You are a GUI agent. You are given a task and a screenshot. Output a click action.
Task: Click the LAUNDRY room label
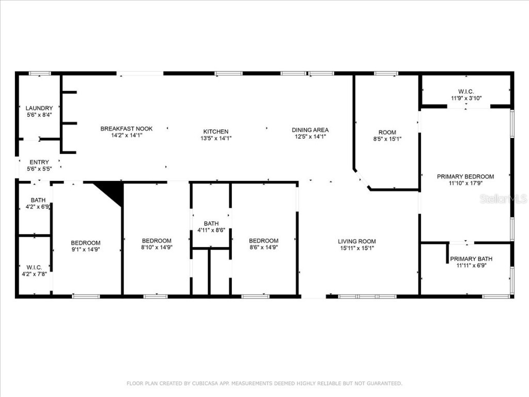(x=39, y=108)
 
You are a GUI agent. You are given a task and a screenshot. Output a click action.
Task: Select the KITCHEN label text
(x=215, y=132)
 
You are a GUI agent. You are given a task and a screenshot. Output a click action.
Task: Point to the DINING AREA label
(x=310, y=130)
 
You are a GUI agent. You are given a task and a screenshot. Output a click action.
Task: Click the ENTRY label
(x=39, y=162)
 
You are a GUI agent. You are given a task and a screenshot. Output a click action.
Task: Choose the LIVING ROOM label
(x=356, y=241)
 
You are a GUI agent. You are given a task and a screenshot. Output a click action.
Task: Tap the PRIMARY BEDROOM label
(x=465, y=176)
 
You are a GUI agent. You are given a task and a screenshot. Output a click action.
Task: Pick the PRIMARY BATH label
(x=471, y=259)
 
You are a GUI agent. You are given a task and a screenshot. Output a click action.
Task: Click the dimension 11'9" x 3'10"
(x=465, y=98)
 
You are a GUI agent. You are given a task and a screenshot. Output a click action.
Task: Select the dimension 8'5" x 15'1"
(x=387, y=139)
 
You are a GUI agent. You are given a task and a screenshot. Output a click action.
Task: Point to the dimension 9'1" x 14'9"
(x=85, y=249)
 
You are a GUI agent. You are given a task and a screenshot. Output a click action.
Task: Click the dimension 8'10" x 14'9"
(x=157, y=247)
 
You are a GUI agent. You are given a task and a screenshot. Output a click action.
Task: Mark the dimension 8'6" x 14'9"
(x=263, y=247)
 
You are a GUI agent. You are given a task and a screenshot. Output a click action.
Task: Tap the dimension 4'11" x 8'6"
(x=211, y=230)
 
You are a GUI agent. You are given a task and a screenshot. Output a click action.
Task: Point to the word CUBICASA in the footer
(x=205, y=384)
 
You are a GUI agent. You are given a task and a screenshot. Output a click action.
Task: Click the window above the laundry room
(x=39, y=73)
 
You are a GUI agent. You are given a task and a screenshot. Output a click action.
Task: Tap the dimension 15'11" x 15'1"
(x=356, y=248)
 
